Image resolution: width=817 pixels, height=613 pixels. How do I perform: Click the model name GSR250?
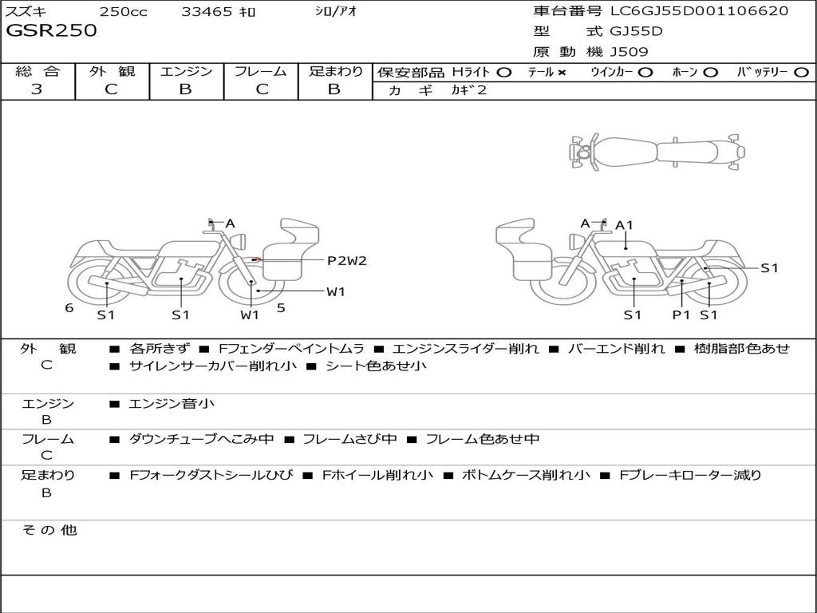point(51,31)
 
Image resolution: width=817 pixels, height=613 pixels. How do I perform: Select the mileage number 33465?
point(207,12)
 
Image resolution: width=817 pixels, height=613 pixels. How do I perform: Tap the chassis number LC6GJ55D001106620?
point(699,11)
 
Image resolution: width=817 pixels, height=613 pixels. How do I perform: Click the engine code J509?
point(629,52)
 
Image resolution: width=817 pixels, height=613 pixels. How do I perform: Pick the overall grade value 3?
point(37,89)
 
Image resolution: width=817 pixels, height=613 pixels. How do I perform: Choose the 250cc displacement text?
point(123,12)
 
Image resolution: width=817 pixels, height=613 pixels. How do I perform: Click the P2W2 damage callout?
point(346,260)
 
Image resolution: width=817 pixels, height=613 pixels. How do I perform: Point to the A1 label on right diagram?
point(624,225)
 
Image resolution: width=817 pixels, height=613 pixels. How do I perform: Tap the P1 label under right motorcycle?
point(681,314)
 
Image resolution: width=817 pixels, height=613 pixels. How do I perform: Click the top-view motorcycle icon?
point(656,151)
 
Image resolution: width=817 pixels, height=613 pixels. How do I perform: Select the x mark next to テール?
point(562,73)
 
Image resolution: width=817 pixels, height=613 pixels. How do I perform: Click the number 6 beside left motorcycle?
point(69,307)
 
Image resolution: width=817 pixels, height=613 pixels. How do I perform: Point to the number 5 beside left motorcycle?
point(281,306)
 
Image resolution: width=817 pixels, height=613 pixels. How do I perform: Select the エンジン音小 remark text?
point(172,404)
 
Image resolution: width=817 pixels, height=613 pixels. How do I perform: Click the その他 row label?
point(49,530)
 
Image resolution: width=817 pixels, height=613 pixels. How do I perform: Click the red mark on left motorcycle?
point(255,259)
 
